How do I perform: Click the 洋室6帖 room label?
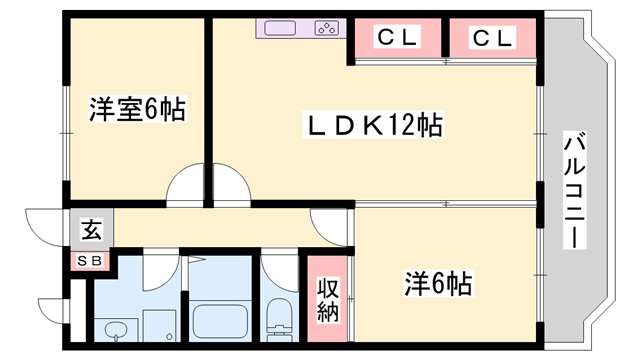click(x=137, y=110)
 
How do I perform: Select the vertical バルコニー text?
click(x=575, y=190)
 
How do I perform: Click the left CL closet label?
click(x=397, y=39)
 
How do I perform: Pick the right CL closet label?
click(x=492, y=39)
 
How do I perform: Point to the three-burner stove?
click(x=327, y=28)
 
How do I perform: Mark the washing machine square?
click(x=160, y=325)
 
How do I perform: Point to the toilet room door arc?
click(x=279, y=272)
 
